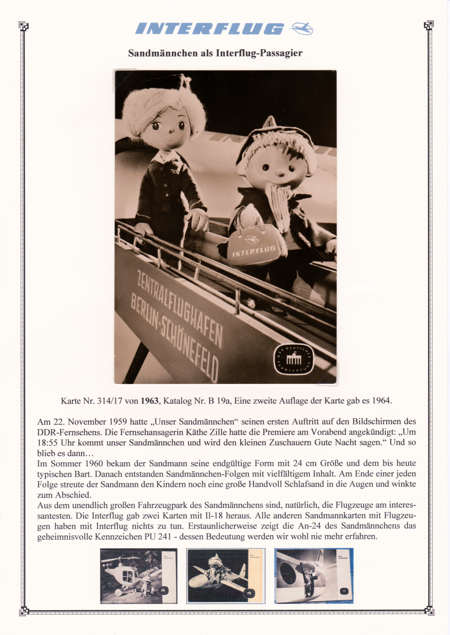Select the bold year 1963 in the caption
click(150, 401)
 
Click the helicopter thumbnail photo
click(139, 576)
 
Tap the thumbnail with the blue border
click(314, 576)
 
